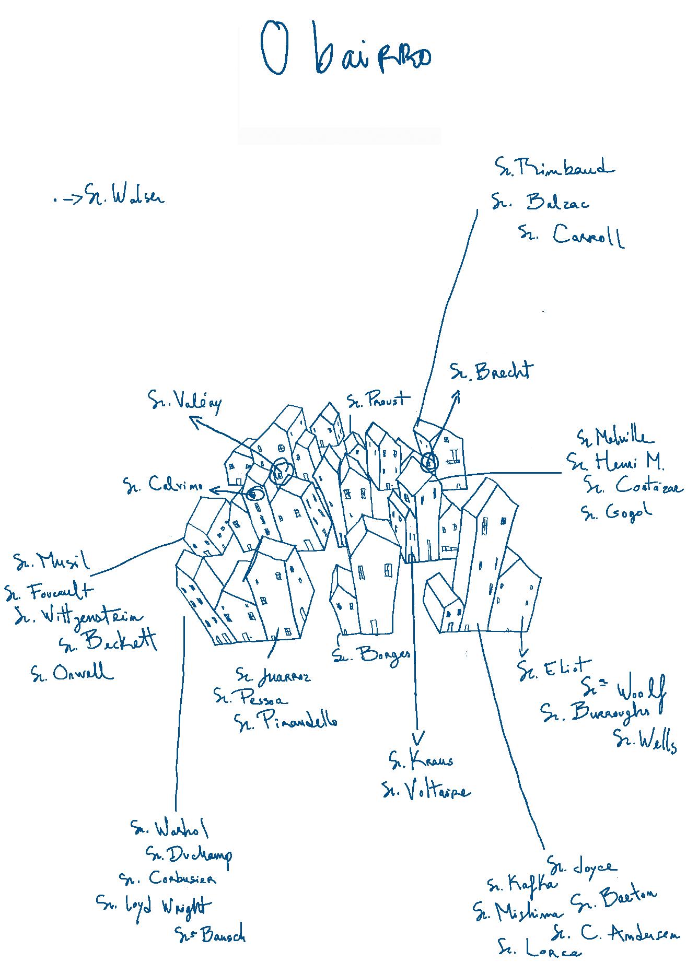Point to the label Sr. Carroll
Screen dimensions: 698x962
[572, 236]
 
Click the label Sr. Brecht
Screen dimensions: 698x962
[492, 371]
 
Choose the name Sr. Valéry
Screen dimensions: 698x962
[185, 402]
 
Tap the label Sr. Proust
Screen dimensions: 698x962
[379, 400]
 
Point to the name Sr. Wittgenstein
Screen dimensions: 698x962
[78, 617]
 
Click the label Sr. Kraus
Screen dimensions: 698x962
[421, 760]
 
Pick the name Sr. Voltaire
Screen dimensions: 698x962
[426, 791]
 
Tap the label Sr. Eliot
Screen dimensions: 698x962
[554, 670]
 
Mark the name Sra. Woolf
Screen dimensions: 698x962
[624, 690]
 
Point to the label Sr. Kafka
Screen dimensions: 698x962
[522, 884]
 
